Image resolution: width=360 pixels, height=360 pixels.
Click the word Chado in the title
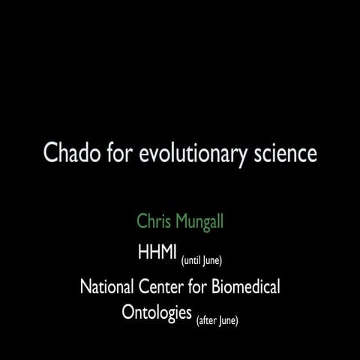click(x=73, y=154)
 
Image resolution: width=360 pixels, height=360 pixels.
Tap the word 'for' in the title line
click(x=122, y=154)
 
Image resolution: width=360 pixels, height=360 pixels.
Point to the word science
click(x=284, y=154)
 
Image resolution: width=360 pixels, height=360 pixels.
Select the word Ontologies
click(x=157, y=312)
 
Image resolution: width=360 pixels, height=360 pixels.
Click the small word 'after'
click(x=206, y=321)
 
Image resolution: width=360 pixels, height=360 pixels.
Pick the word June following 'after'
click(x=227, y=321)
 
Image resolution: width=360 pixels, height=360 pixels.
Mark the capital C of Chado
click(x=50, y=154)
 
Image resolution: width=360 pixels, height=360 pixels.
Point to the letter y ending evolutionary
click(x=240, y=157)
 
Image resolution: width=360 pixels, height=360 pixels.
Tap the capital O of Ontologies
click(x=129, y=311)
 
